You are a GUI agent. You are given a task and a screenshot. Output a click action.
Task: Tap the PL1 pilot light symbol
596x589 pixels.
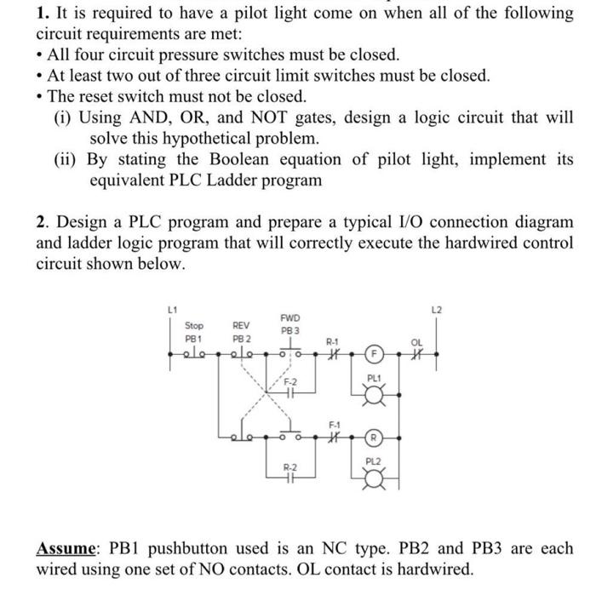click(372, 392)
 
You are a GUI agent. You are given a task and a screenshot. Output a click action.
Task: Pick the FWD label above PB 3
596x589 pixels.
click(289, 318)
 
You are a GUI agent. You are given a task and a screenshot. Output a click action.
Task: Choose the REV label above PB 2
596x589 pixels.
click(242, 325)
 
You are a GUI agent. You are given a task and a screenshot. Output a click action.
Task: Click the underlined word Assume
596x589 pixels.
click(65, 549)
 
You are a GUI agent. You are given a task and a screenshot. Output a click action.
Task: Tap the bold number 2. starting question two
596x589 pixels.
click(43, 223)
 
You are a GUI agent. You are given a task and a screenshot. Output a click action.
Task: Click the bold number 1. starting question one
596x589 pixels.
click(43, 14)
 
